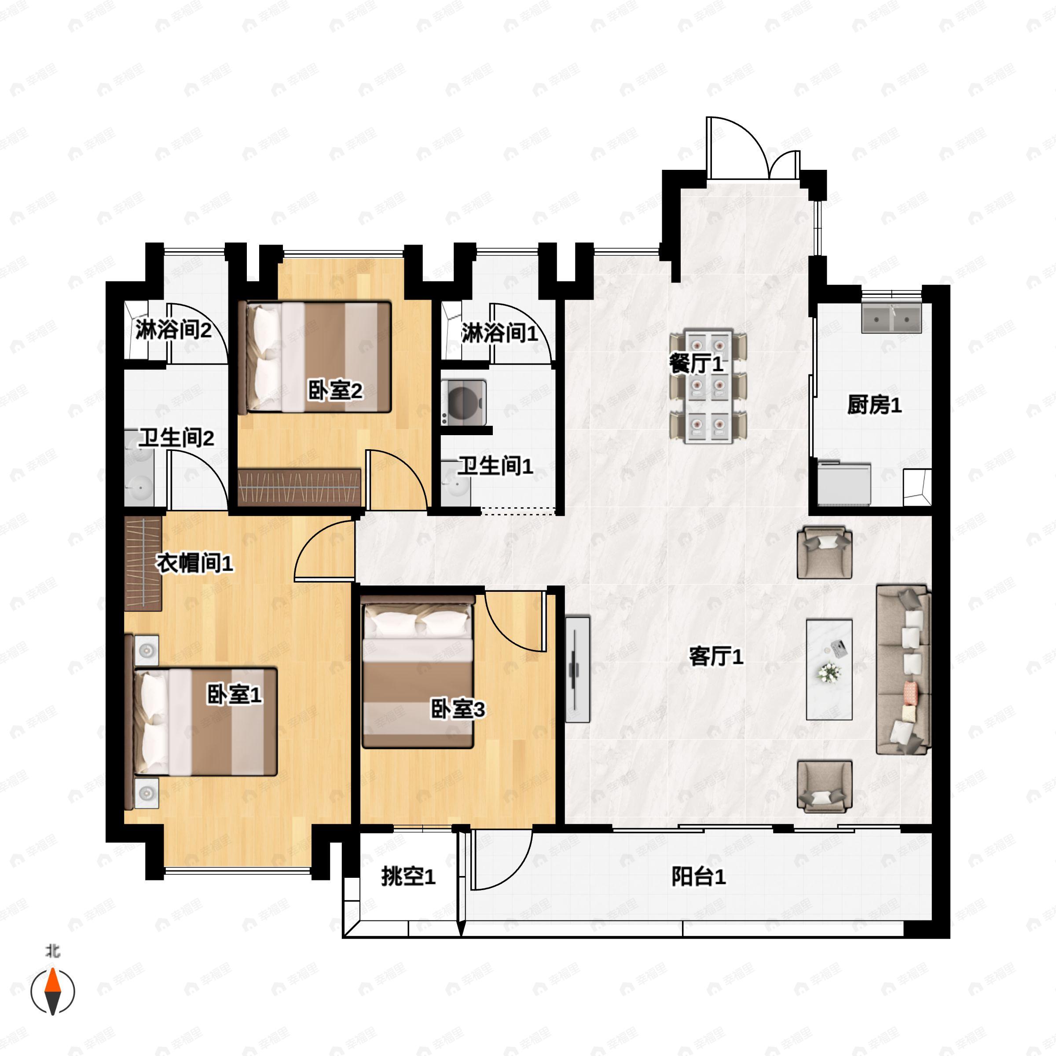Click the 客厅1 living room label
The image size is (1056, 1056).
click(715, 656)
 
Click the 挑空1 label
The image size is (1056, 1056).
click(408, 877)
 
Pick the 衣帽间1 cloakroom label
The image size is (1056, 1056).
click(194, 563)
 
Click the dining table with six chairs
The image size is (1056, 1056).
click(708, 386)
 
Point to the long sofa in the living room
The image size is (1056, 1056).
click(903, 670)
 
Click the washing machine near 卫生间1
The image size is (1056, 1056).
click(464, 402)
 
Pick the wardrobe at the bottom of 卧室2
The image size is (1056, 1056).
click(300, 487)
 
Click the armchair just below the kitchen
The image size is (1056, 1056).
click(824, 552)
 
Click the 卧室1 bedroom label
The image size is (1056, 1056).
click(234, 695)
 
